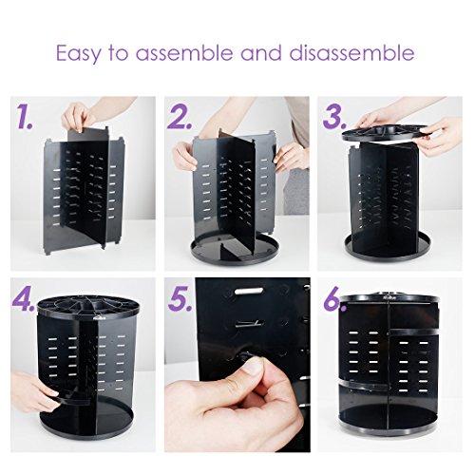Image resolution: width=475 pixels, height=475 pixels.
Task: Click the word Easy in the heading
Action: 78,53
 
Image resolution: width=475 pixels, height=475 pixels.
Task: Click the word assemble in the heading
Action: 184,52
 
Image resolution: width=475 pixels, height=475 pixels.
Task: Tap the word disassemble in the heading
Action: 351,52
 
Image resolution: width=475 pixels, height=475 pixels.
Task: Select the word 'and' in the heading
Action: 261,52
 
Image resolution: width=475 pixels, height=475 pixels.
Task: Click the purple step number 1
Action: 25,117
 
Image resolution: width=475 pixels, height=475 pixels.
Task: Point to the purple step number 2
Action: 180,117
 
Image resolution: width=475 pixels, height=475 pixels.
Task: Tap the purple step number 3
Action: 334,117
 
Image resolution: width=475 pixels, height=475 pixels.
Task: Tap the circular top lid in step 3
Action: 385,131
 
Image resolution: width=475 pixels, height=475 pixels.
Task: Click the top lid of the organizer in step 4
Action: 88,307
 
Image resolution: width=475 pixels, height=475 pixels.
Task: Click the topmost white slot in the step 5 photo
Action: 250,291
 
